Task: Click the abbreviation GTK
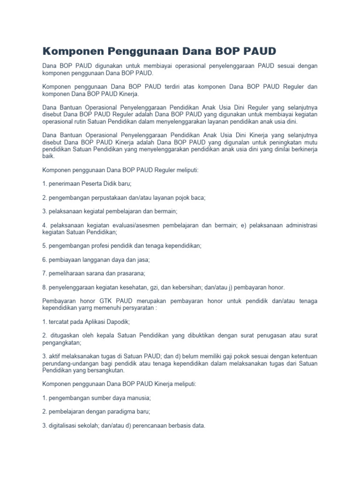tap(102, 300)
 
